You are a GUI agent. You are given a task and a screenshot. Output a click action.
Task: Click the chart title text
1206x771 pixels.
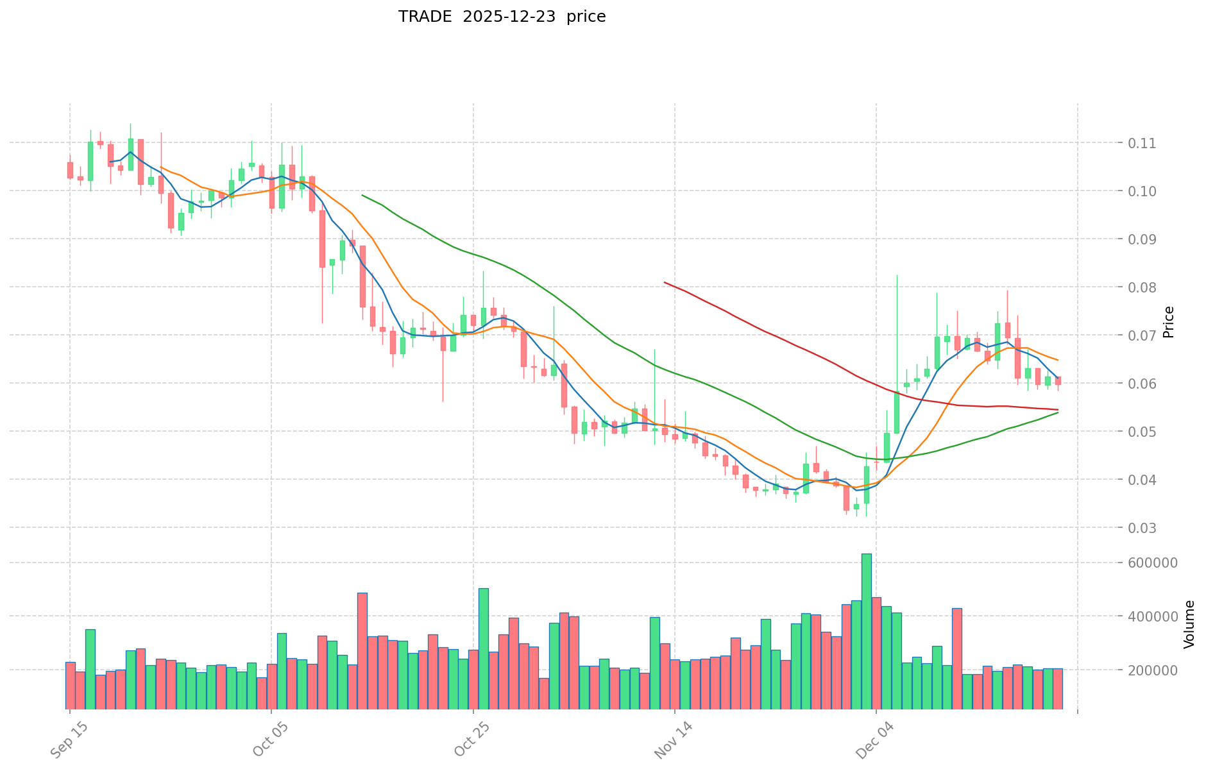click(502, 17)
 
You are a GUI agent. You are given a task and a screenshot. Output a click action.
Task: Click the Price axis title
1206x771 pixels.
click(1169, 322)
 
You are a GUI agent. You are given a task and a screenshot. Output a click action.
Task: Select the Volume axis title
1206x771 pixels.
click(1189, 624)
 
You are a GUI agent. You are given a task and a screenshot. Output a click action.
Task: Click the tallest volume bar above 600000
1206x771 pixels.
click(866, 631)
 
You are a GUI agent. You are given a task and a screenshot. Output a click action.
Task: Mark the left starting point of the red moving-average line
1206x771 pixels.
click(665, 282)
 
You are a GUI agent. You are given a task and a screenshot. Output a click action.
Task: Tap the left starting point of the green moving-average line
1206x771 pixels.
click(362, 195)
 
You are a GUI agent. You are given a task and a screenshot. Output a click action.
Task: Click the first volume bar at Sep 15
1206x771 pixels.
click(70, 685)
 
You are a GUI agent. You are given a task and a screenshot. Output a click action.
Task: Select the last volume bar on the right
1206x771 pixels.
click(1058, 688)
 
